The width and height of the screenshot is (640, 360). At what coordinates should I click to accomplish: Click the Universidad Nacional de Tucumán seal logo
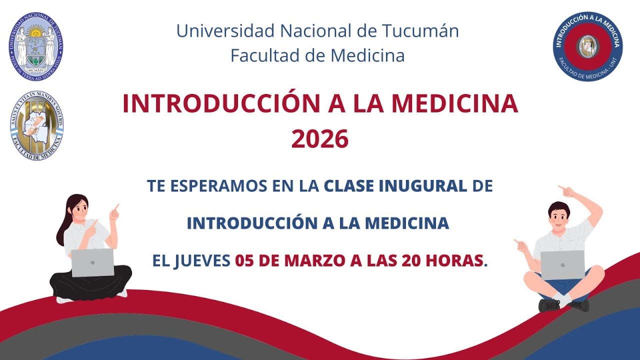[x=36, y=46]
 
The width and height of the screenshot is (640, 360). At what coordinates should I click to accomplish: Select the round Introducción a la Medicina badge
[x=587, y=46]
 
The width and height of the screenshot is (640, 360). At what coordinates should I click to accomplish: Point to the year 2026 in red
[x=320, y=139]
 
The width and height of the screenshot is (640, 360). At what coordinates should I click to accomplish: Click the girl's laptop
[x=92, y=262]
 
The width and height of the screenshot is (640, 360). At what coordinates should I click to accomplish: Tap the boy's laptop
[x=562, y=264]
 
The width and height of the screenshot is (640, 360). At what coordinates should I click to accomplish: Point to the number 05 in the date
[x=245, y=260]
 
